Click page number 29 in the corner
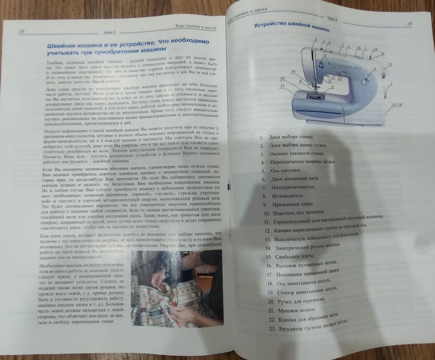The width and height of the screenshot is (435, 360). click(409, 24)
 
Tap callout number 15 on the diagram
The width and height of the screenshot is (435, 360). click(282, 86)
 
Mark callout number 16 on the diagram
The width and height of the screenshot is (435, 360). click(293, 71)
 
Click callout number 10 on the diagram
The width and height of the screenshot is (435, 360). click(282, 78)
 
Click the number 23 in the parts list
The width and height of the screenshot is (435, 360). click(262, 333)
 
